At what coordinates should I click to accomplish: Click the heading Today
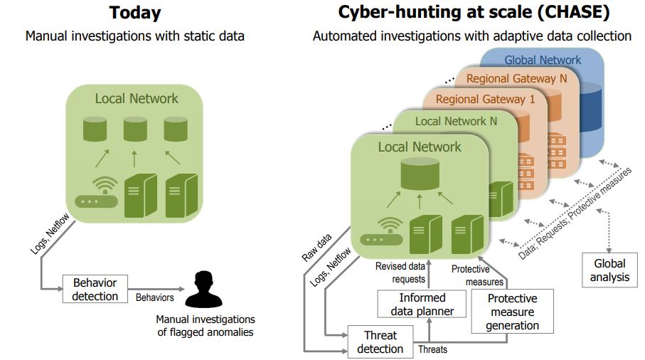134,13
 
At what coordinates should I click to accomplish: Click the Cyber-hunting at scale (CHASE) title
472,13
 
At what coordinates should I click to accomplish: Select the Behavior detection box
95,288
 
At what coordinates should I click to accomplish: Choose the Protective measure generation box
512,312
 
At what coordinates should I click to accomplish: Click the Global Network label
543,60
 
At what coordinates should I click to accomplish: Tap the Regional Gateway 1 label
485,99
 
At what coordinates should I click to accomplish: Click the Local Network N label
456,121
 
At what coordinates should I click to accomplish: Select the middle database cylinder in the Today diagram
135,129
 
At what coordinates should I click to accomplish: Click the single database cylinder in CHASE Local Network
419,174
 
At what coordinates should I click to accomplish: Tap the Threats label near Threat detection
432,349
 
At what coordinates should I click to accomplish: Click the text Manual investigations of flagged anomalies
205,325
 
